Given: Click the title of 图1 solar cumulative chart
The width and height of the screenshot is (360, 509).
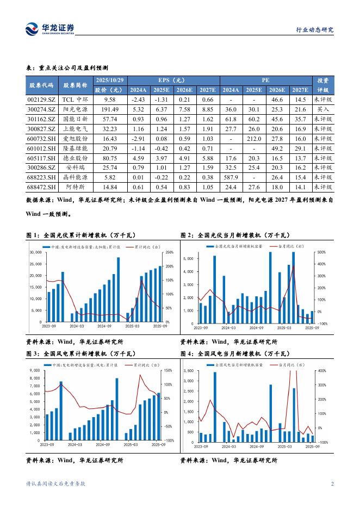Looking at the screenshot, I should (x=80, y=235).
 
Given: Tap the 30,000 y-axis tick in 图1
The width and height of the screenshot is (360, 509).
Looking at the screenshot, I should (x=35, y=252).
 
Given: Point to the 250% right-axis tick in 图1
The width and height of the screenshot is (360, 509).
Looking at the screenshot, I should (x=169, y=252).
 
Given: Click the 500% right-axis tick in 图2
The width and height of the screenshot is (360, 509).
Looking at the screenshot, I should (x=321, y=252).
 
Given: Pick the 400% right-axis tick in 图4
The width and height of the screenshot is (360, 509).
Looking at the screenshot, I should (x=321, y=371).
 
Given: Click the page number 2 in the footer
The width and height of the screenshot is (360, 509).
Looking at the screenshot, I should (x=332, y=484).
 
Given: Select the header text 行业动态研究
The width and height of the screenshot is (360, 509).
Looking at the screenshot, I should (x=314, y=30).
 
